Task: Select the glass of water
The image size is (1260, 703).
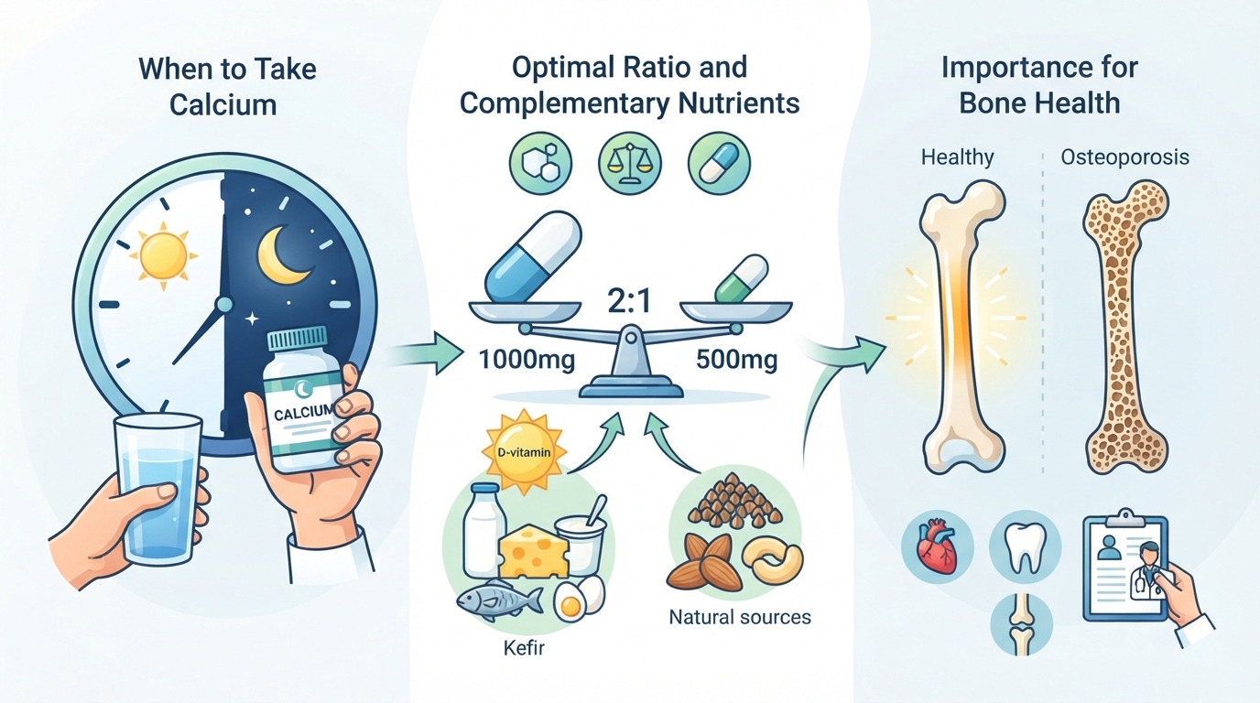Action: tap(157, 490)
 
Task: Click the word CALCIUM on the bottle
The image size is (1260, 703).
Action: tap(304, 412)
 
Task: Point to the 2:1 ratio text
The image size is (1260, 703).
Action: tap(629, 301)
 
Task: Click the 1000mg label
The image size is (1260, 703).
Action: tap(527, 360)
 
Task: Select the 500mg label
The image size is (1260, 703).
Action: tap(736, 360)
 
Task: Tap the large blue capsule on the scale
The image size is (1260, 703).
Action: tap(532, 256)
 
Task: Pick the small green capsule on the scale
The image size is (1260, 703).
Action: tap(742, 279)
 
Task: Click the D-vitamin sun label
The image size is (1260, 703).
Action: tap(525, 452)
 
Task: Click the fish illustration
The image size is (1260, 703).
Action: tap(499, 600)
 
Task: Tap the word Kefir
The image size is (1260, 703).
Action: tap(524, 648)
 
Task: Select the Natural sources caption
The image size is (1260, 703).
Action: tap(740, 617)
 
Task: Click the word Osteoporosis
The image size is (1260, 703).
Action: tap(1125, 157)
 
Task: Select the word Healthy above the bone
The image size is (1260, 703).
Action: tap(958, 157)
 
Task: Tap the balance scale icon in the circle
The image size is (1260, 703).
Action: tap(629, 163)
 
